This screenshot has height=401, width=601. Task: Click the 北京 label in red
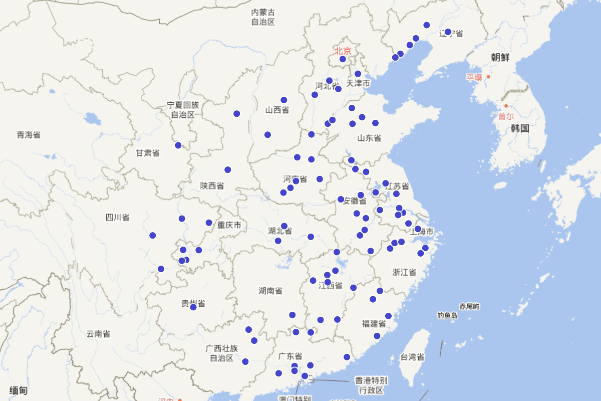[343, 51]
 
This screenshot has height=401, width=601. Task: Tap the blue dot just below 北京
[343, 59]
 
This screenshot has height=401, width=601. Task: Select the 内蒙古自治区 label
[263, 17]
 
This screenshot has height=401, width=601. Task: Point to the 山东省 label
[369, 138]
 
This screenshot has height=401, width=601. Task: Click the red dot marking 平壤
[488, 77]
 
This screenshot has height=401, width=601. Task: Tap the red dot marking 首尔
[506, 106]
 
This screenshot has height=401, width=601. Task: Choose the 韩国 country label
[520, 128]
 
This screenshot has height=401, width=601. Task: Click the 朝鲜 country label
[500, 57]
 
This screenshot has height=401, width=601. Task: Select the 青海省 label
[29, 134]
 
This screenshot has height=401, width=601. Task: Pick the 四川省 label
[117, 217]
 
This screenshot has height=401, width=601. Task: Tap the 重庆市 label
[229, 225]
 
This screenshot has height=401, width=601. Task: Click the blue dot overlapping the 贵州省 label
[193, 307]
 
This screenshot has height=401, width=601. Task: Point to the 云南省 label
[98, 334]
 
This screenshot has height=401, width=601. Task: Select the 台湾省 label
[412, 357]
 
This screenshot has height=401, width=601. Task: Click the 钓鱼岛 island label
[447, 315]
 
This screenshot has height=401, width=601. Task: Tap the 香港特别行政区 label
[371, 385]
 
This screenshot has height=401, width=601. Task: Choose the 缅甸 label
[18, 390]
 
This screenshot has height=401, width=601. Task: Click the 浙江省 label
[404, 272]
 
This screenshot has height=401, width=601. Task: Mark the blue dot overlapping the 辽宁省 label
[448, 32]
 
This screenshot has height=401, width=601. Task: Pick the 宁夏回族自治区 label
[183, 110]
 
